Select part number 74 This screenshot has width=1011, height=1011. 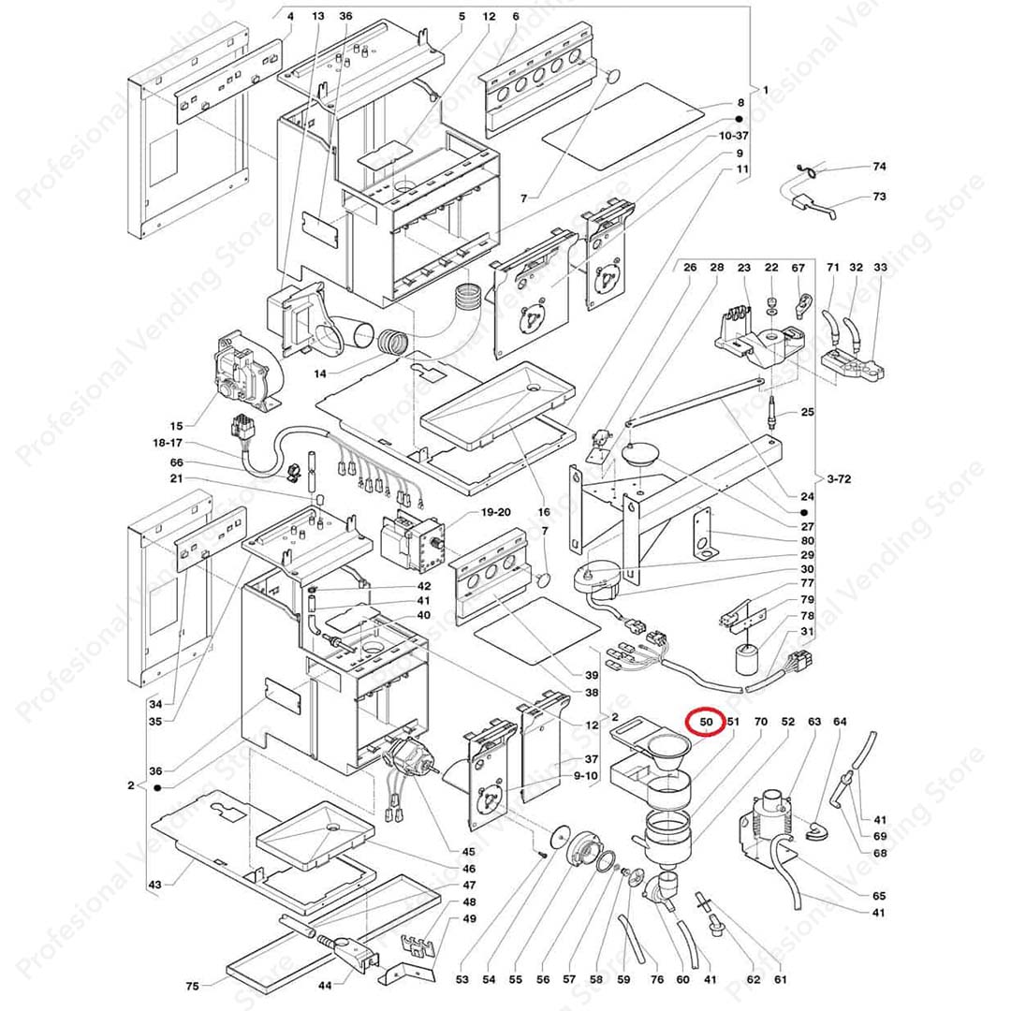(878, 167)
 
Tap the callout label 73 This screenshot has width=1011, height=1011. (878, 197)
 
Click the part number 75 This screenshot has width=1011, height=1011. (192, 985)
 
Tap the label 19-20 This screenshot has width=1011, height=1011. (495, 512)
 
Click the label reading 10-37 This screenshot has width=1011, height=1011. (733, 136)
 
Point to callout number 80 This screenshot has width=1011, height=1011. (807, 540)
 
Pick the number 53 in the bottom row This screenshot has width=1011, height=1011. (462, 979)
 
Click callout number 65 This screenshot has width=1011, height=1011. (878, 896)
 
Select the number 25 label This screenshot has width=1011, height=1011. (807, 413)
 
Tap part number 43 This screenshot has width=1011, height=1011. (154, 885)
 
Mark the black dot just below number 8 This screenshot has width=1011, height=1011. (739, 120)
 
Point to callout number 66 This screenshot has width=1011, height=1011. (177, 462)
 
